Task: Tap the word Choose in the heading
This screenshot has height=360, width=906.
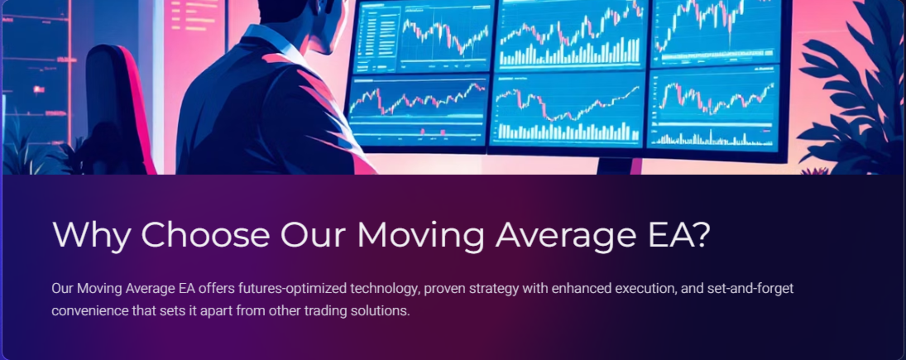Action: click(205, 234)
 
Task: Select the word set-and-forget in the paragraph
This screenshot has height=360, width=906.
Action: click(750, 288)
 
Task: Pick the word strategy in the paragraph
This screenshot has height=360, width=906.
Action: click(494, 289)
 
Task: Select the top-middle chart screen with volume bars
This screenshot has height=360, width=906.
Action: click(572, 33)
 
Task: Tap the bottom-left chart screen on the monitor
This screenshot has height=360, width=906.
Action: click(418, 112)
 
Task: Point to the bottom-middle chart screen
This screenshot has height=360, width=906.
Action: click(568, 109)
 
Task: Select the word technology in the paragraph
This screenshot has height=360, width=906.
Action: click(384, 289)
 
